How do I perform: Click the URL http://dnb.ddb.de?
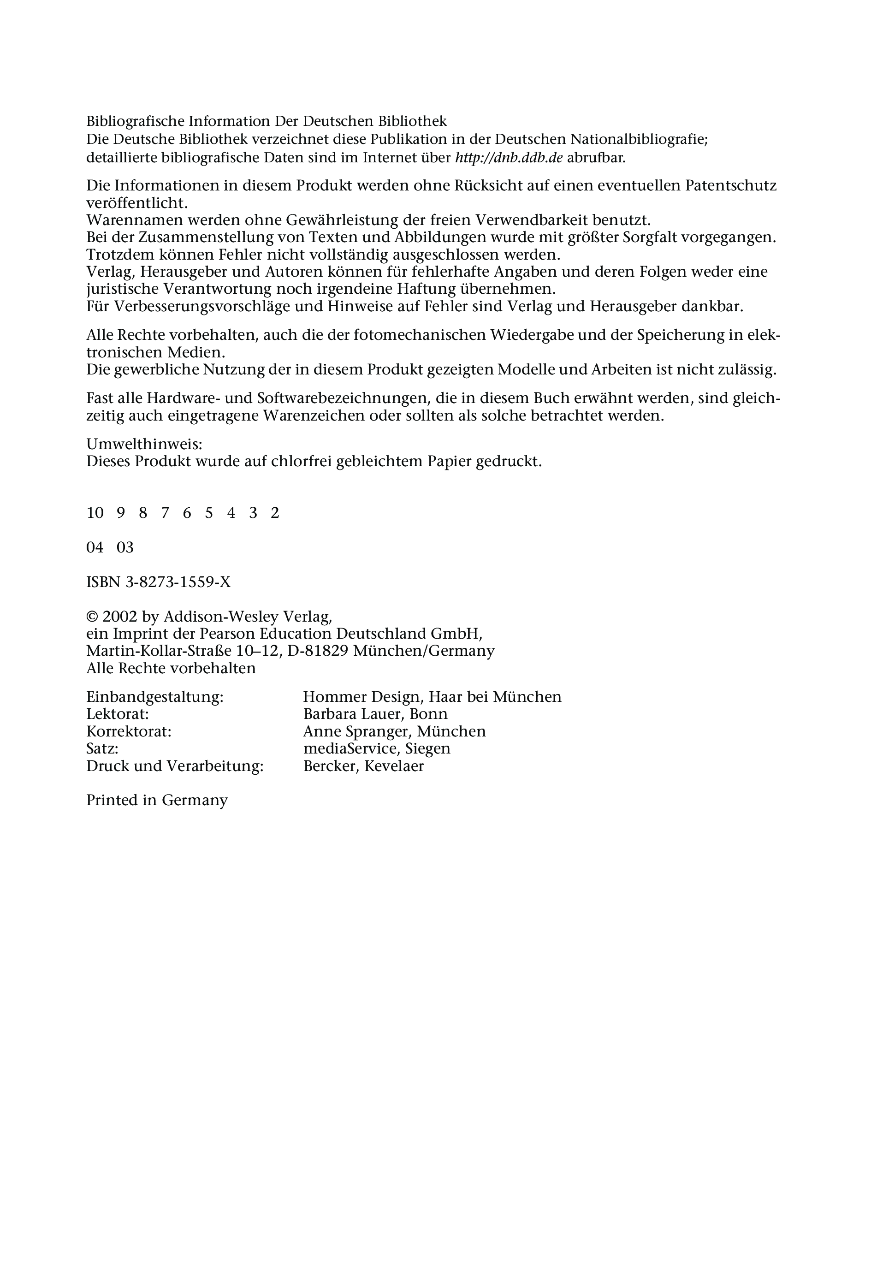(x=509, y=158)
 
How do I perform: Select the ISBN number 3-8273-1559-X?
(x=178, y=582)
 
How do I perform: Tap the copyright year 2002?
(x=119, y=617)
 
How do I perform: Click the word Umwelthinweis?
(x=144, y=444)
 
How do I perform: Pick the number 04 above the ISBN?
(x=95, y=547)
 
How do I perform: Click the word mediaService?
(x=349, y=748)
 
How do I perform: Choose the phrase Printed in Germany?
(x=157, y=800)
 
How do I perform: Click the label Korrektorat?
(x=129, y=731)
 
